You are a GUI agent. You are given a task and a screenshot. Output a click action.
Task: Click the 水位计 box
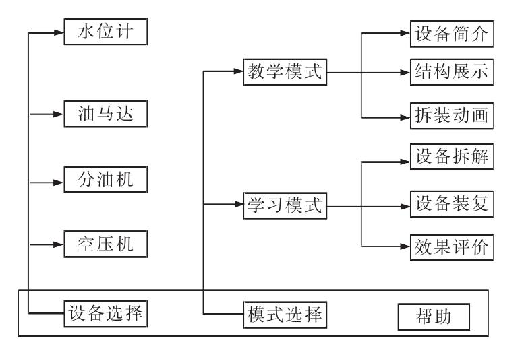click(x=106, y=32)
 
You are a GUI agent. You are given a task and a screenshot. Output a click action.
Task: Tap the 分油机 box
click(x=106, y=182)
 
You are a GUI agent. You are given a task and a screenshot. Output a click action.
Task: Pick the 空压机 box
click(x=106, y=243)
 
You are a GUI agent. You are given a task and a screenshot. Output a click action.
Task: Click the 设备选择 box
click(x=106, y=313)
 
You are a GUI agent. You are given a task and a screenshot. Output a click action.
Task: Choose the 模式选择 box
click(x=285, y=314)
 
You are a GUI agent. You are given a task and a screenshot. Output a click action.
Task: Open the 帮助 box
click(x=432, y=315)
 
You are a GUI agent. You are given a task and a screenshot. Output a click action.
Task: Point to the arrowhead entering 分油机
click(x=59, y=182)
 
